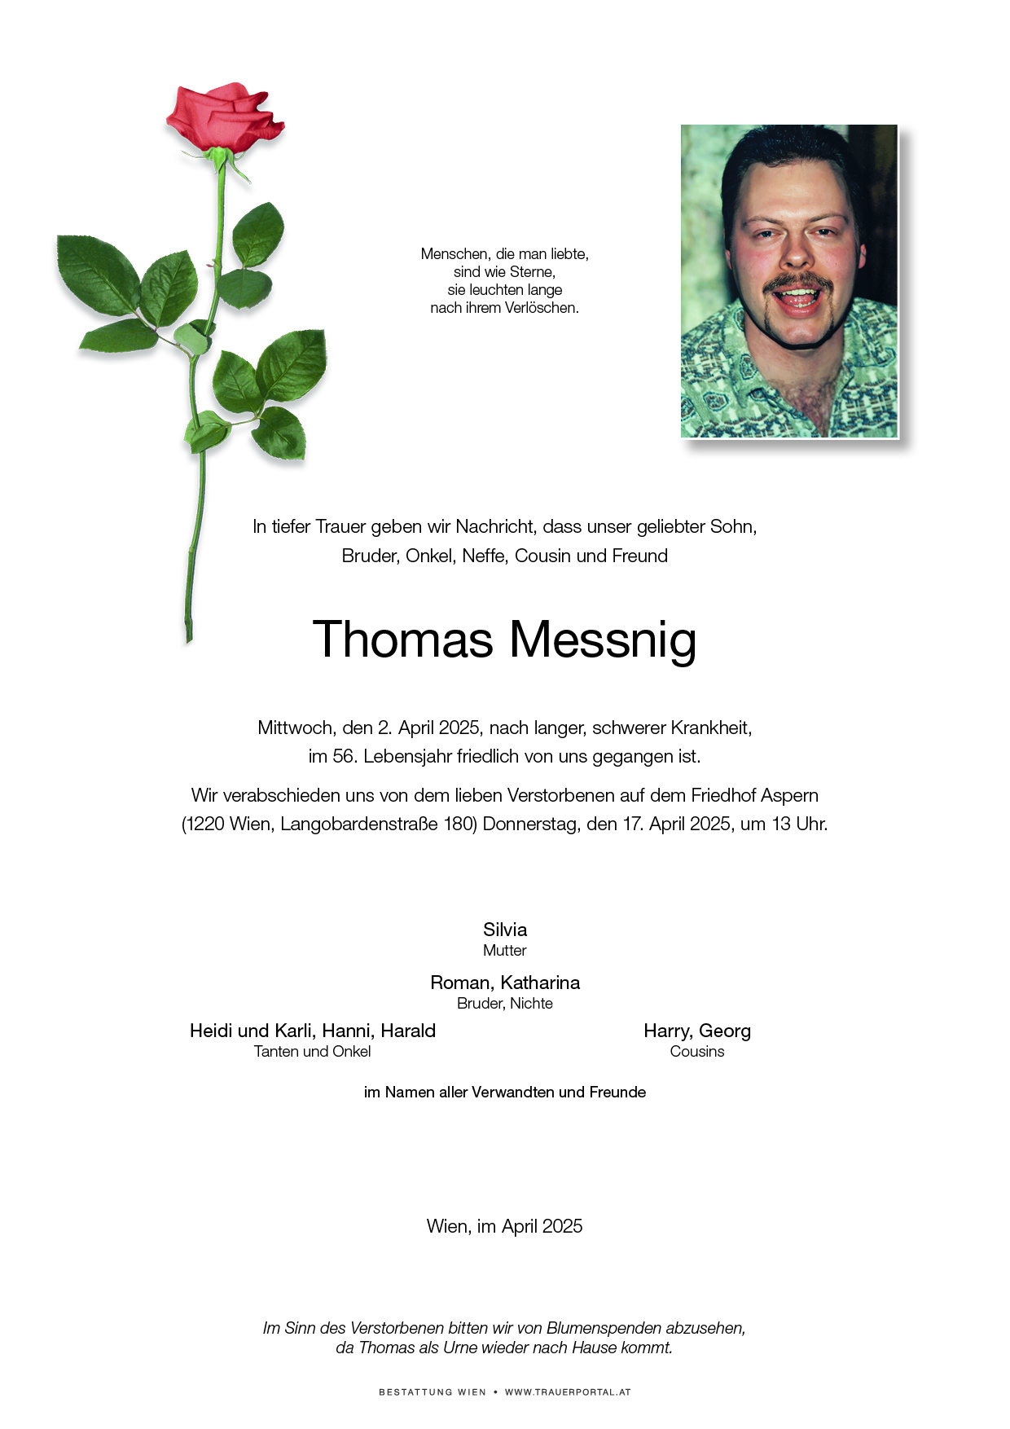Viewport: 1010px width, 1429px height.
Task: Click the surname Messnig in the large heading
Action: pyautogui.click(x=603, y=640)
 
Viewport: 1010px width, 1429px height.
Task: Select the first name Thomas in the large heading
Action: pyautogui.click(x=403, y=640)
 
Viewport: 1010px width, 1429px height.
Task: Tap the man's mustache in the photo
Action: pyautogui.click(x=800, y=283)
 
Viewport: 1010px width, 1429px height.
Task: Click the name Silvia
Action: pyautogui.click(x=505, y=930)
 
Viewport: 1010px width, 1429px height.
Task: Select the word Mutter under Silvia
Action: pyautogui.click(x=505, y=951)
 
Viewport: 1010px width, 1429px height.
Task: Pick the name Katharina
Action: pyautogui.click(x=540, y=983)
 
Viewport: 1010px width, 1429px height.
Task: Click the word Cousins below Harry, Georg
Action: pyautogui.click(x=697, y=1052)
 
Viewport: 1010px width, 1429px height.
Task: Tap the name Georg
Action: pyautogui.click(x=725, y=1031)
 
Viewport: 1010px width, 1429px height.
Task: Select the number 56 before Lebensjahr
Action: pyautogui.click(x=342, y=757)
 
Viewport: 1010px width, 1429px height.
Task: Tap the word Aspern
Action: pyautogui.click(x=789, y=795)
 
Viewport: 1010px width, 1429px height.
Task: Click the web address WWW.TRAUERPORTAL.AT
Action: pyautogui.click(x=568, y=1392)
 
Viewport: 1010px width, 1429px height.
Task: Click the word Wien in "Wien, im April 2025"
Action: pyautogui.click(x=446, y=1227)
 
